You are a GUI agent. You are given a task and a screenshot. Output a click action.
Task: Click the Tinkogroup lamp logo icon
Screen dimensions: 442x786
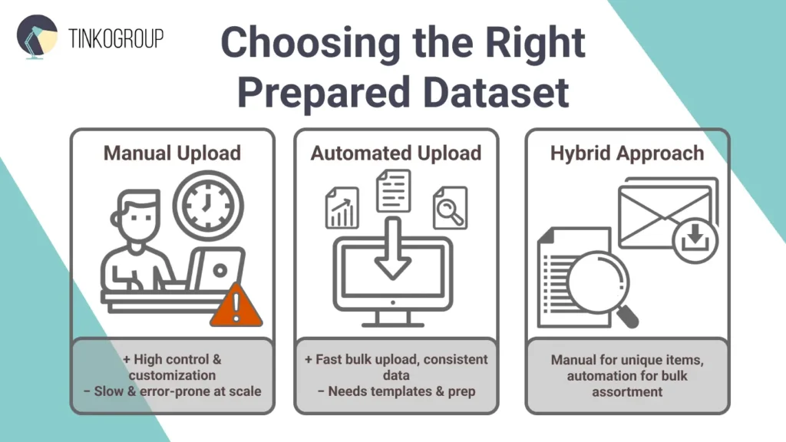tap(37, 36)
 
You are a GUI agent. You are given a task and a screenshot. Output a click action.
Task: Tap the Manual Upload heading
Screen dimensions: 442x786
tap(172, 153)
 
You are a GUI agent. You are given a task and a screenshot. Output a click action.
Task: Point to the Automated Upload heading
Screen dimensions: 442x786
tap(395, 153)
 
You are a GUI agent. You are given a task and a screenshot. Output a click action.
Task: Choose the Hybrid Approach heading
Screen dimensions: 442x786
tap(626, 153)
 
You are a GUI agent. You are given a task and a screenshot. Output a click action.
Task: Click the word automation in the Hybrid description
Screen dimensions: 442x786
tap(598, 376)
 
